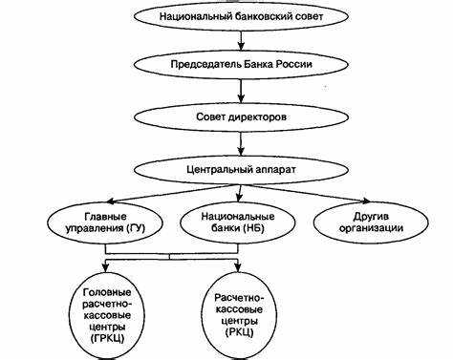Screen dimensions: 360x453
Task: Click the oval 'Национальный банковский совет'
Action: coord(226,16)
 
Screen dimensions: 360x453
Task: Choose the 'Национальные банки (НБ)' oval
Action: coord(226,222)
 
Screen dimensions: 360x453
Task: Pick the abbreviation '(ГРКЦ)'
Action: coord(99,337)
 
